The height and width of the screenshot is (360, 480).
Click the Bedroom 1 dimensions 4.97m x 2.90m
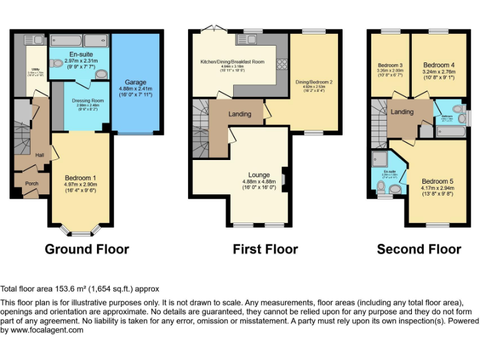[80, 185]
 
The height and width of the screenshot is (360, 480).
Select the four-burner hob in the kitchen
[281, 64]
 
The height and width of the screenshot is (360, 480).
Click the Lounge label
[259, 175]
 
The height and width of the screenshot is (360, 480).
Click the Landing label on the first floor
[239, 114]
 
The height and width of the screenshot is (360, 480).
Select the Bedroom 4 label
[439, 65]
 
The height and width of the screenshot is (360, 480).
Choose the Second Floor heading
[419, 249]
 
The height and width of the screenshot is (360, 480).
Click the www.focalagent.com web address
[42, 330]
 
